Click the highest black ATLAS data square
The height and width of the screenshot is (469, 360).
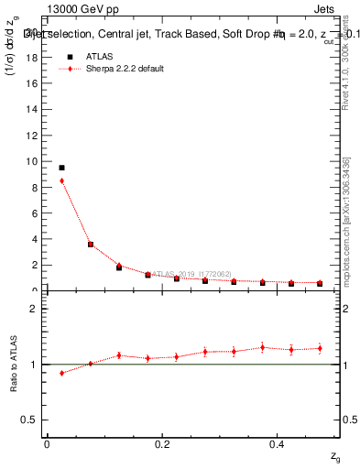pyautogui.click(x=61, y=168)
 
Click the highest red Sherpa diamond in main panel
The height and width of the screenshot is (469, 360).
pyautogui.click(x=61, y=180)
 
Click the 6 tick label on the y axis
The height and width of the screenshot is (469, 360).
pyautogui.click(x=35, y=213)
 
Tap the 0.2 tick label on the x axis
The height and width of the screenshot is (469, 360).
pyautogui.click(x=162, y=444)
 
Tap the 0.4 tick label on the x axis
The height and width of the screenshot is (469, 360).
pyautogui.click(x=278, y=444)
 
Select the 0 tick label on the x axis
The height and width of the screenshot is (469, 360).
pyautogui.click(x=47, y=444)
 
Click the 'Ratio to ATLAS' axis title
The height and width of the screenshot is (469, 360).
pyautogui.click(x=14, y=365)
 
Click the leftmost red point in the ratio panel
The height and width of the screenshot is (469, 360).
pyautogui.click(x=61, y=373)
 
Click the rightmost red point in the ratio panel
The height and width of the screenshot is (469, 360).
pyautogui.click(x=320, y=348)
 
